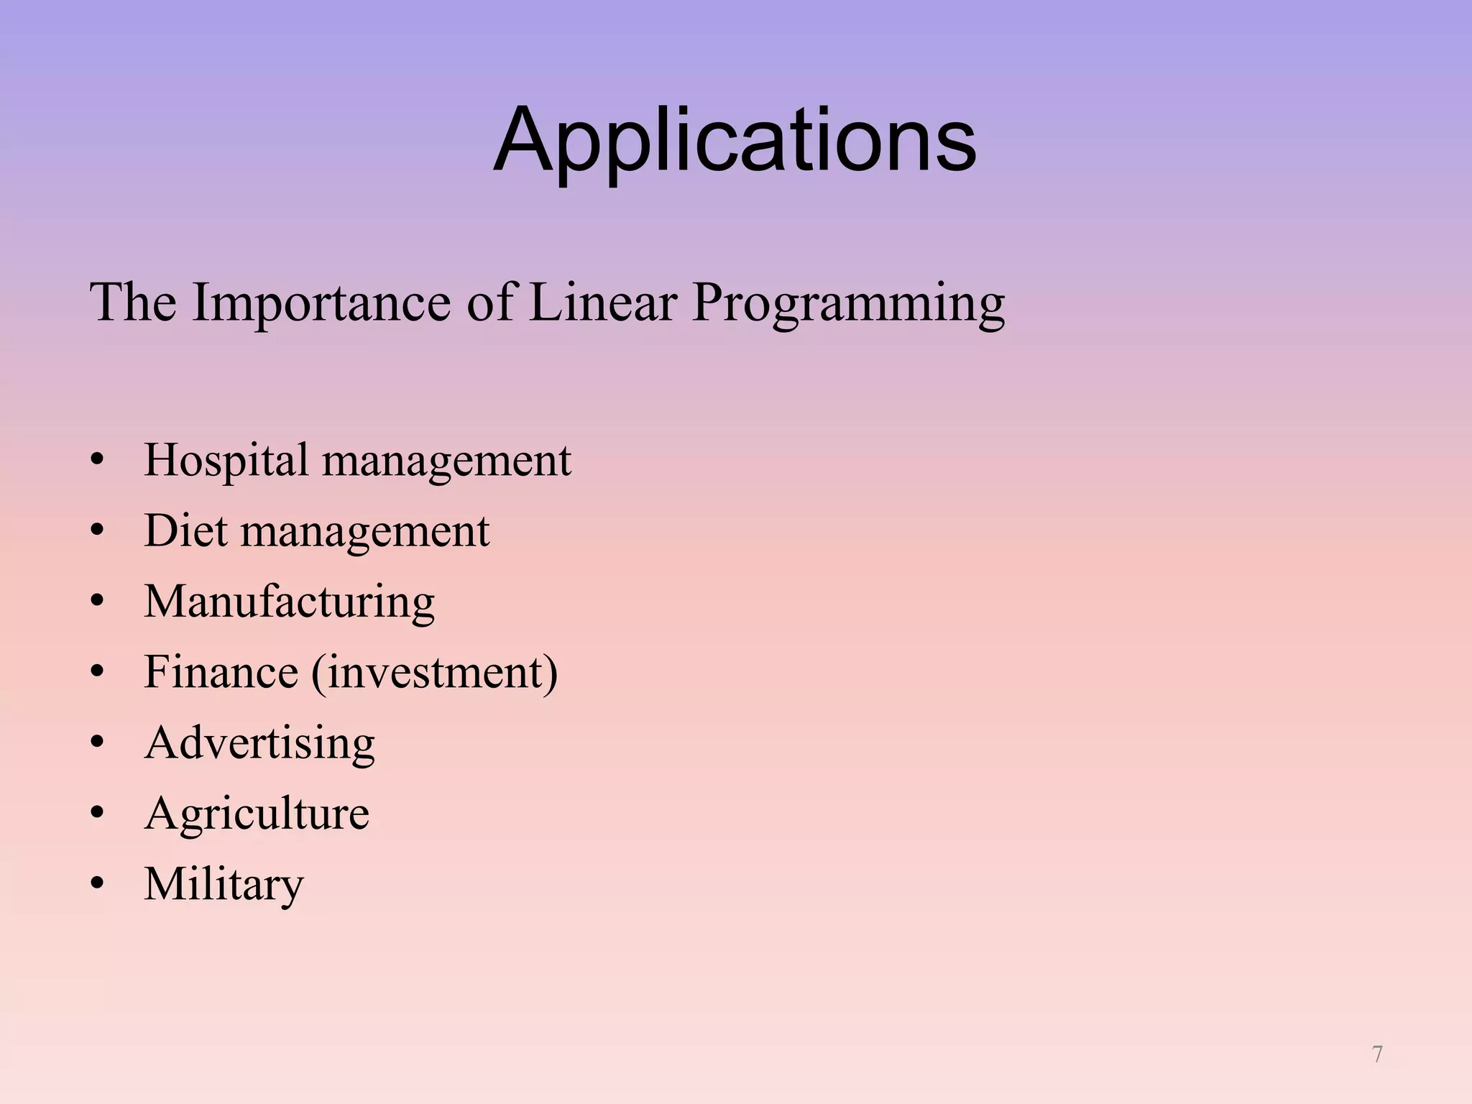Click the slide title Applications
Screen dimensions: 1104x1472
coord(735,140)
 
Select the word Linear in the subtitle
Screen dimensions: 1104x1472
coord(602,302)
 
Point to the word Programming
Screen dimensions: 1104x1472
coord(848,303)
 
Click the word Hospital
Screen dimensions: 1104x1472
coord(226,460)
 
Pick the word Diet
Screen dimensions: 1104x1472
coord(185,530)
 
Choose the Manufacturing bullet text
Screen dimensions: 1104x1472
coord(289,602)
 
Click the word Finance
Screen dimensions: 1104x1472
coord(221,672)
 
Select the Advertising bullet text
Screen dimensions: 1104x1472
coord(259,742)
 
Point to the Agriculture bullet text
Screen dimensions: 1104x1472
coord(257,814)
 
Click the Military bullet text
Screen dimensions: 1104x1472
coord(224,884)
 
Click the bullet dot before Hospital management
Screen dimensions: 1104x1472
coord(97,461)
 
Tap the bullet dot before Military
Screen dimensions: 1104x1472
coord(97,884)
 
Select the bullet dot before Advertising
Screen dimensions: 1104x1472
coord(97,743)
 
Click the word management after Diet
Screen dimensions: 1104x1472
coord(364,532)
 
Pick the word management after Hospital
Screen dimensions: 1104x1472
coord(446,461)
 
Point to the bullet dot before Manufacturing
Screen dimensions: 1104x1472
coord(97,602)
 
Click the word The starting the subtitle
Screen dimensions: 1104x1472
coord(132,302)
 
